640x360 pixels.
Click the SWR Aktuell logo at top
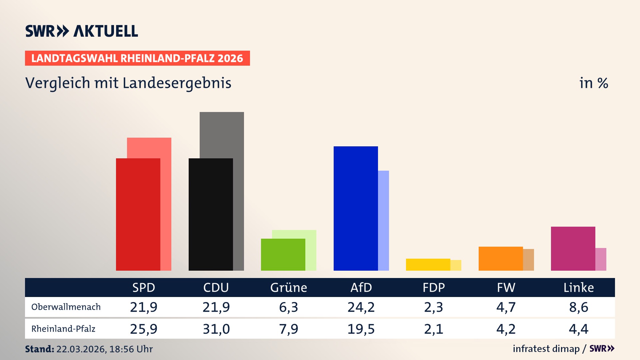[x=81, y=31]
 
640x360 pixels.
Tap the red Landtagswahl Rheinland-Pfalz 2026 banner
[x=137, y=58]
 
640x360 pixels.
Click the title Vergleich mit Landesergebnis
[x=128, y=83]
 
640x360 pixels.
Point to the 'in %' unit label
[x=593, y=83]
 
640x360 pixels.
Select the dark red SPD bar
[x=138, y=214]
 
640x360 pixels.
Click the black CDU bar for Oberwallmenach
[x=211, y=214]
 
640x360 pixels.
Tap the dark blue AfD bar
[x=356, y=208]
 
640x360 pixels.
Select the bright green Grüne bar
[x=283, y=254]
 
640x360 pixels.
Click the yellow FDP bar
[x=428, y=265]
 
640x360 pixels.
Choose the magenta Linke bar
[x=573, y=248]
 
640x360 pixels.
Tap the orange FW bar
[x=501, y=258]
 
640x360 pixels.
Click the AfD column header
[x=361, y=287]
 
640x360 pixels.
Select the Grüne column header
[x=289, y=287]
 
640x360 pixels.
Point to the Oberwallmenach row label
[x=66, y=307]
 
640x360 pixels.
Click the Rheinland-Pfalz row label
[x=63, y=329]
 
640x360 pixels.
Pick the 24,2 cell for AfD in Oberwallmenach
[x=361, y=307]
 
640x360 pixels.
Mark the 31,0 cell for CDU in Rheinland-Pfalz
[x=216, y=329]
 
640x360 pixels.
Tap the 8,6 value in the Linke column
[x=579, y=307]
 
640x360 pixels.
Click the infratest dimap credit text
[x=546, y=349]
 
